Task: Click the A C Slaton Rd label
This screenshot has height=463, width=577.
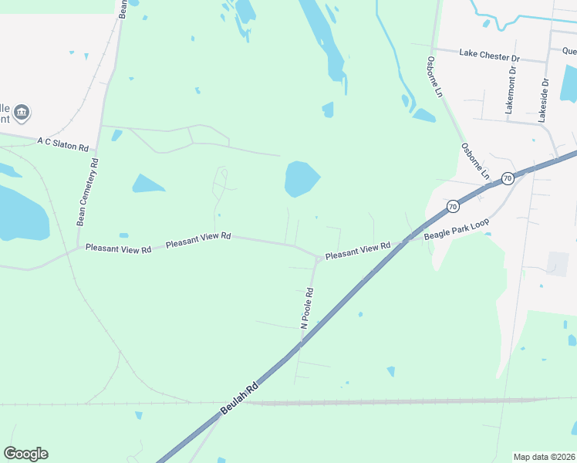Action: [63, 143]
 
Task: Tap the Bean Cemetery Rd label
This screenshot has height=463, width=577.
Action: [87, 192]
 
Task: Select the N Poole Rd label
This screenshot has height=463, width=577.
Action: [307, 309]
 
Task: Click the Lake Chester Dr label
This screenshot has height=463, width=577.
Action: [490, 56]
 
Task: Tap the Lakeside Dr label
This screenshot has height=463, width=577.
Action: [544, 100]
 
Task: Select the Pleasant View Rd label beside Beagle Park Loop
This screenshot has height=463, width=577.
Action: [357, 251]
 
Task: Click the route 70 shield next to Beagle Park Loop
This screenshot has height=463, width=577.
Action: [452, 206]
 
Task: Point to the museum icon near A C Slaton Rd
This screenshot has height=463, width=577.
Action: [22, 113]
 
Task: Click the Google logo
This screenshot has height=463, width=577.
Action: [25, 454]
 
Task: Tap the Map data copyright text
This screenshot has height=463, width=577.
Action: [544, 457]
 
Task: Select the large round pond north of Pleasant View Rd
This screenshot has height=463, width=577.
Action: [301, 179]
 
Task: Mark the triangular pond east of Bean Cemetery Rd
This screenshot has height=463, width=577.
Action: [147, 184]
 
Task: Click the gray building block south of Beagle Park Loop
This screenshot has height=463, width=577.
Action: [558, 263]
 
